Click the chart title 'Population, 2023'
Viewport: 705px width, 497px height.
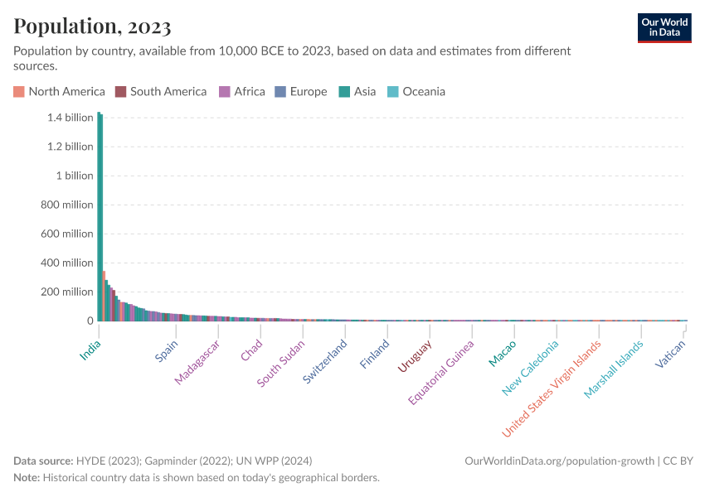click(92, 27)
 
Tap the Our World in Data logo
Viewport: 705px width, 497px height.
click(664, 27)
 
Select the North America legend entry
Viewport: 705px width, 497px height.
click(59, 92)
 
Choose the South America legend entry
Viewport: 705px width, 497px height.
click(161, 92)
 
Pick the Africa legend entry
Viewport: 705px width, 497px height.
click(241, 92)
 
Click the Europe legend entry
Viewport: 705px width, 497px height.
click(301, 92)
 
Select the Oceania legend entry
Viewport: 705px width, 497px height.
click(416, 92)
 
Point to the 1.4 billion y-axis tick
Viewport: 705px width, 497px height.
click(70, 118)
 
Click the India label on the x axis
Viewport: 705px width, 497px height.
click(90, 350)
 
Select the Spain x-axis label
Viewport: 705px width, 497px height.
click(167, 351)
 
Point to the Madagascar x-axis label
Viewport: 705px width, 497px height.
click(197, 362)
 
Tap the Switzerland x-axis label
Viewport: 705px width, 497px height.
click(324, 360)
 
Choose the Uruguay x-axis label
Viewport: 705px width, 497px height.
click(415, 356)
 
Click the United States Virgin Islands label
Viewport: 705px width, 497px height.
click(551, 388)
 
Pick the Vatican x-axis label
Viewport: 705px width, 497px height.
click(670, 355)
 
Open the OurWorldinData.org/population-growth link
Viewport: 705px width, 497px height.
click(560, 461)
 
